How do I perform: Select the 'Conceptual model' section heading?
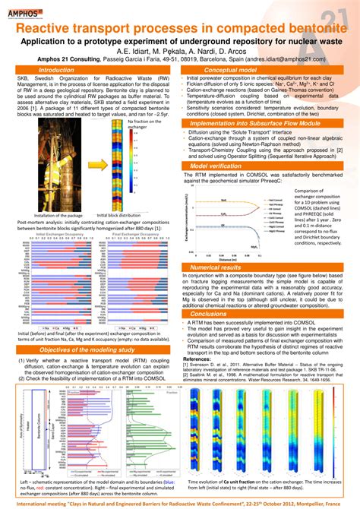(235, 69)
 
